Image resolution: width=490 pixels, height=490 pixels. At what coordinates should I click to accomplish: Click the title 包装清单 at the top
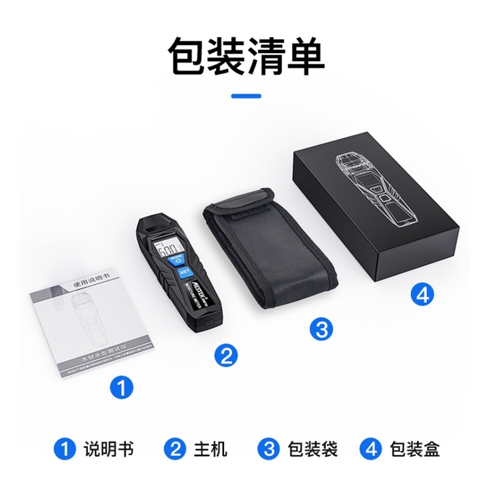tap(245, 56)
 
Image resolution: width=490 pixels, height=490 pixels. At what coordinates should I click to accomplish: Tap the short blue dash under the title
tap(245, 96)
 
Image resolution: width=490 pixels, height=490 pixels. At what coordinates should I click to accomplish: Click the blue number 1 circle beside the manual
tap(121, 387)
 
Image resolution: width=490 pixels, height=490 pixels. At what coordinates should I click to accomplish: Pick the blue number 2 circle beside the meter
tap(226, 356)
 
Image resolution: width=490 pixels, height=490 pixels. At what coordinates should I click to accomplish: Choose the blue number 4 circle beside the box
tap(420, 294)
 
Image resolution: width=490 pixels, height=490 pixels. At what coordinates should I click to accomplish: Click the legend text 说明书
tap(108, 449)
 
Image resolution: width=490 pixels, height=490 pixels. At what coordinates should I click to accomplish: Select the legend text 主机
tap(211, 449)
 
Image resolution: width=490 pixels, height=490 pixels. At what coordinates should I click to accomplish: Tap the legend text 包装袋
tap(312, 449)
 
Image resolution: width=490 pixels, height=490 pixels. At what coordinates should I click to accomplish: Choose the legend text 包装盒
tap(414, 449)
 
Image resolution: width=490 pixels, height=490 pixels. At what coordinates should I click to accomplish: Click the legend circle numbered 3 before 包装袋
tap(269, 449)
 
